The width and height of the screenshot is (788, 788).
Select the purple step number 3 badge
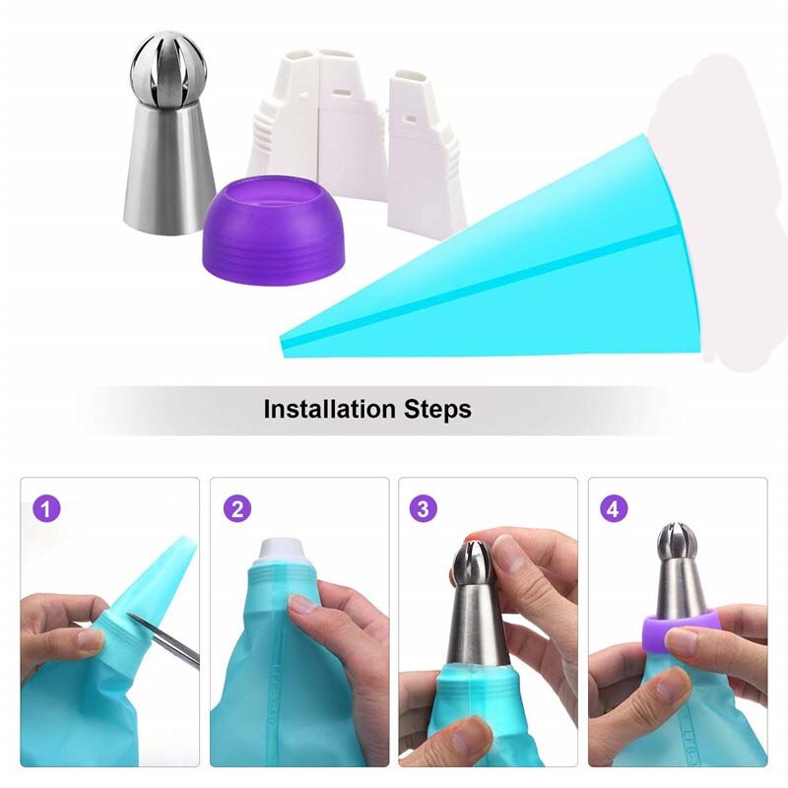[424, 508]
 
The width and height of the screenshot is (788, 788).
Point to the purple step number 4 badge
[613, 508]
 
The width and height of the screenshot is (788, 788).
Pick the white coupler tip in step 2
[286, 551]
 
